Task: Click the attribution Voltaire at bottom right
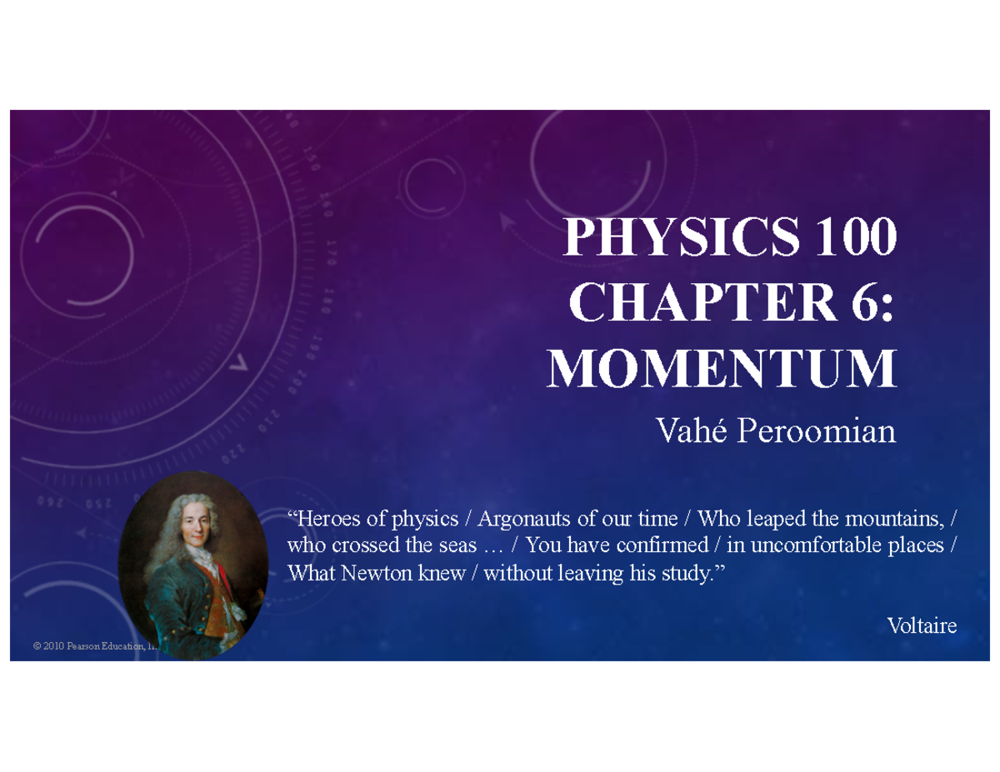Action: pyautogui.click(x=922, y=625)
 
